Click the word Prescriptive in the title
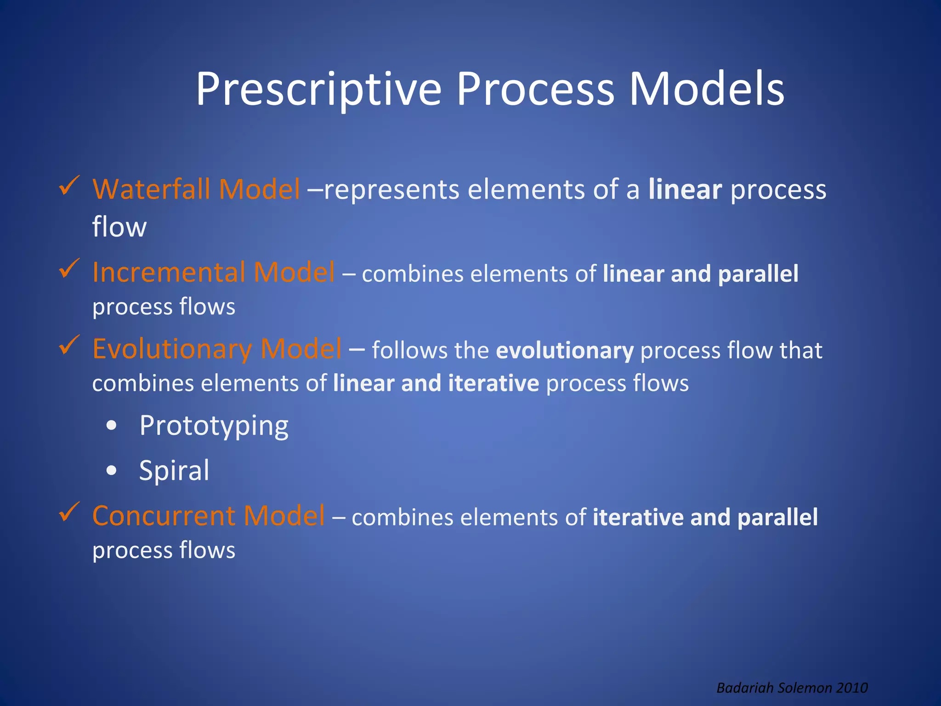click(318, 90)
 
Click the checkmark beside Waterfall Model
click(69, 186)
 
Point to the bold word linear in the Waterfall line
click(685, 190)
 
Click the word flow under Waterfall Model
click(119, 227)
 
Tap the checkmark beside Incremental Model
click(69, 268)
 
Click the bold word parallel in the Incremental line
click(758, 274)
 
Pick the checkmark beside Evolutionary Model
click(69, 345)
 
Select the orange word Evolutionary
click(172, 349)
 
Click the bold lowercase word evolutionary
click(565, 351)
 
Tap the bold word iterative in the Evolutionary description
click(493, 384)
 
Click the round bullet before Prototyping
click(111, 426)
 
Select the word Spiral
click(174, 471)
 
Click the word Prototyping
click(214, 426)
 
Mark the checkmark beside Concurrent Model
click(69, 512)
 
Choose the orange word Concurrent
click(164, 516)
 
